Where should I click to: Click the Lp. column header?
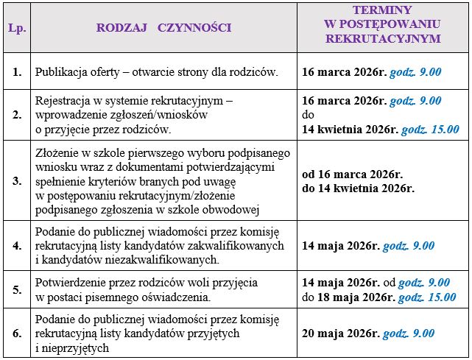tap(15, 28)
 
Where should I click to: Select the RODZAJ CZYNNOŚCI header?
tap(163, 28)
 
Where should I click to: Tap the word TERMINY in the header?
tap(382, 10)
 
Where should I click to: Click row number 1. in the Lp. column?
tap(15, 72)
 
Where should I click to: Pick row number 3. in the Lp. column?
tap(15, 180)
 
